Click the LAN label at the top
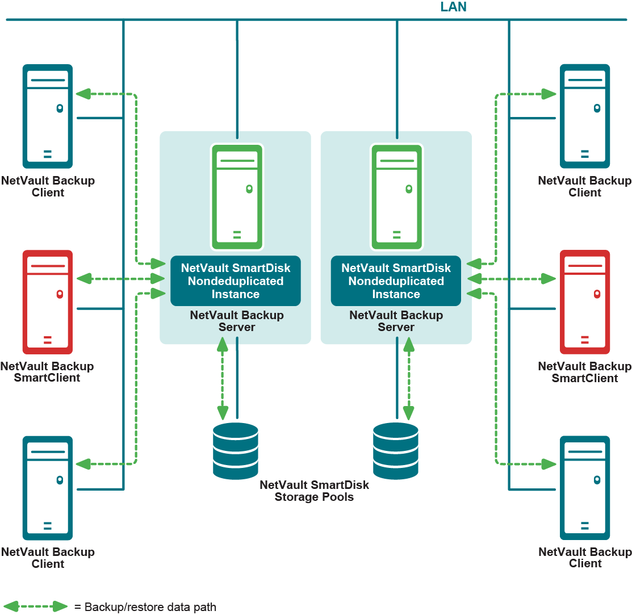pyautogui.click(x=453, y=7)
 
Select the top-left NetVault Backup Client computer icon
pyautogui.click(x=48, y=116)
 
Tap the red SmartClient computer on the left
pyautogui.click(x=48, y=302)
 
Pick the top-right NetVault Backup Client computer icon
pyautogui.click(x=584, y=116)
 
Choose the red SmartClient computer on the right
pyautogui.click(x=584, y=302)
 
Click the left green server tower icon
pyautogui.click(x=236, y=196)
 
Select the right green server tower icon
pyautogui.click(x=396, y=196)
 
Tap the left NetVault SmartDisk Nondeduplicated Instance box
pyautogui.click(x=236, y=281)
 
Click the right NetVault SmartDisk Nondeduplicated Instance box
pyautogui.click(x=396, y=281)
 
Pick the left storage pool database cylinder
pyautogui.click(x=236, y=451)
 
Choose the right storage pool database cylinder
pyautogui.click(x=396, y=451)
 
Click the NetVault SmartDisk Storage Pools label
pyautogui.click(x=314, y=491)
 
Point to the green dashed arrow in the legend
pyautogui.click(x=35, y=606)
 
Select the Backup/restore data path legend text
pyautogui.click(x=145, y=607)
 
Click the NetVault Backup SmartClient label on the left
pyautogui.click(x=48, y=372)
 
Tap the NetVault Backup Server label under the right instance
pyautogui.click(x=396, y=321)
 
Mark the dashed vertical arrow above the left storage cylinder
pyautogui.click(x=223, y=378)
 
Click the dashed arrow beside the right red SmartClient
pyautogui.click(x=511, y=279)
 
